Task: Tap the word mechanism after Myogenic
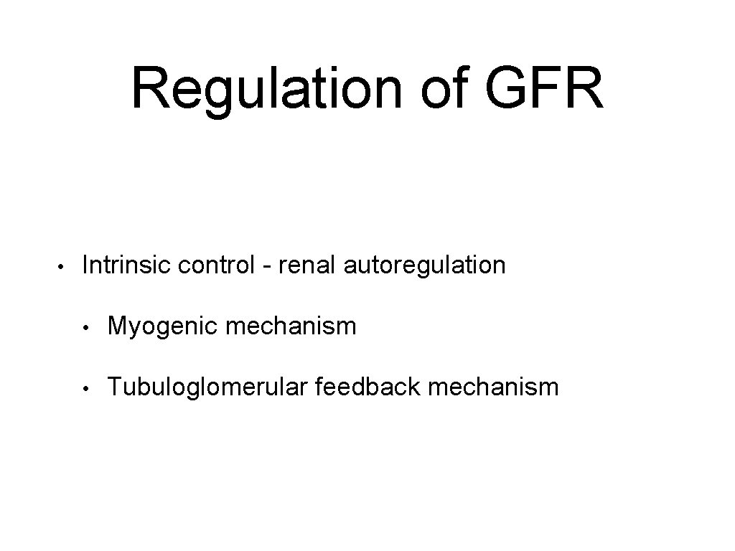coord(291,327)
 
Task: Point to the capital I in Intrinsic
coord(86,265)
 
